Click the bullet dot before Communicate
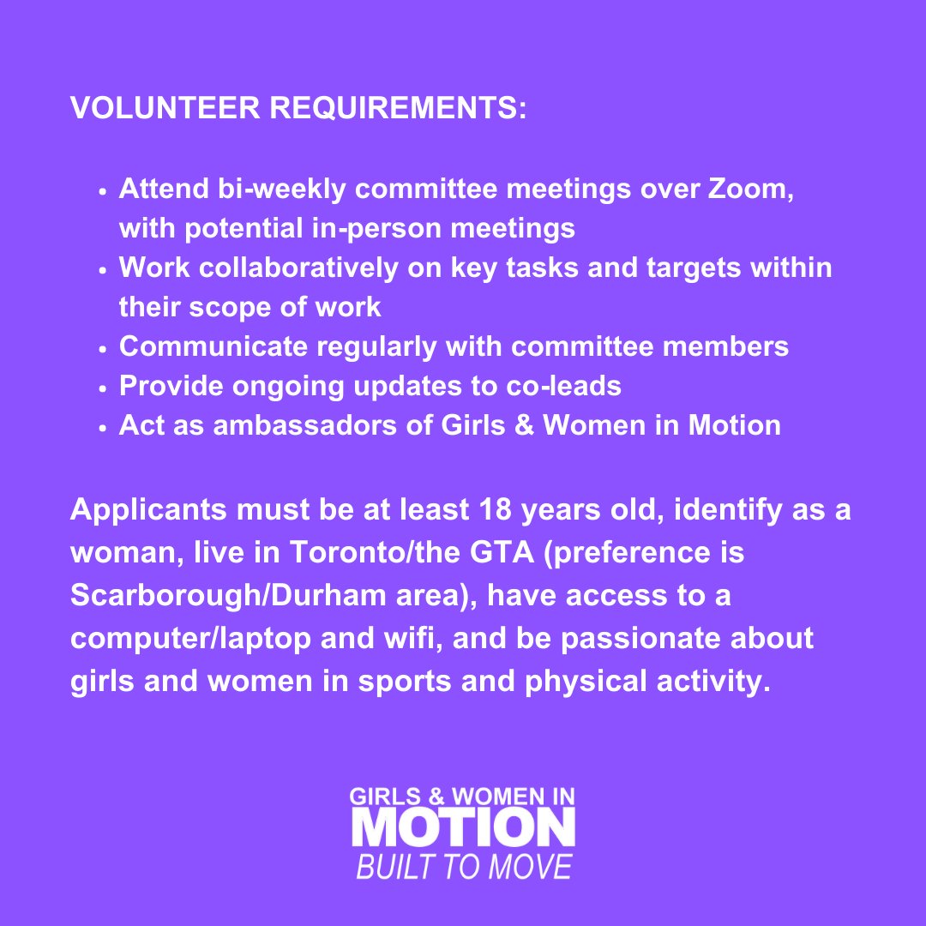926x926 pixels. (103, 349)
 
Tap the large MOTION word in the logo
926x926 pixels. (463, 828)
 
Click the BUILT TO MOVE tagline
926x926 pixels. (463, 867)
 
